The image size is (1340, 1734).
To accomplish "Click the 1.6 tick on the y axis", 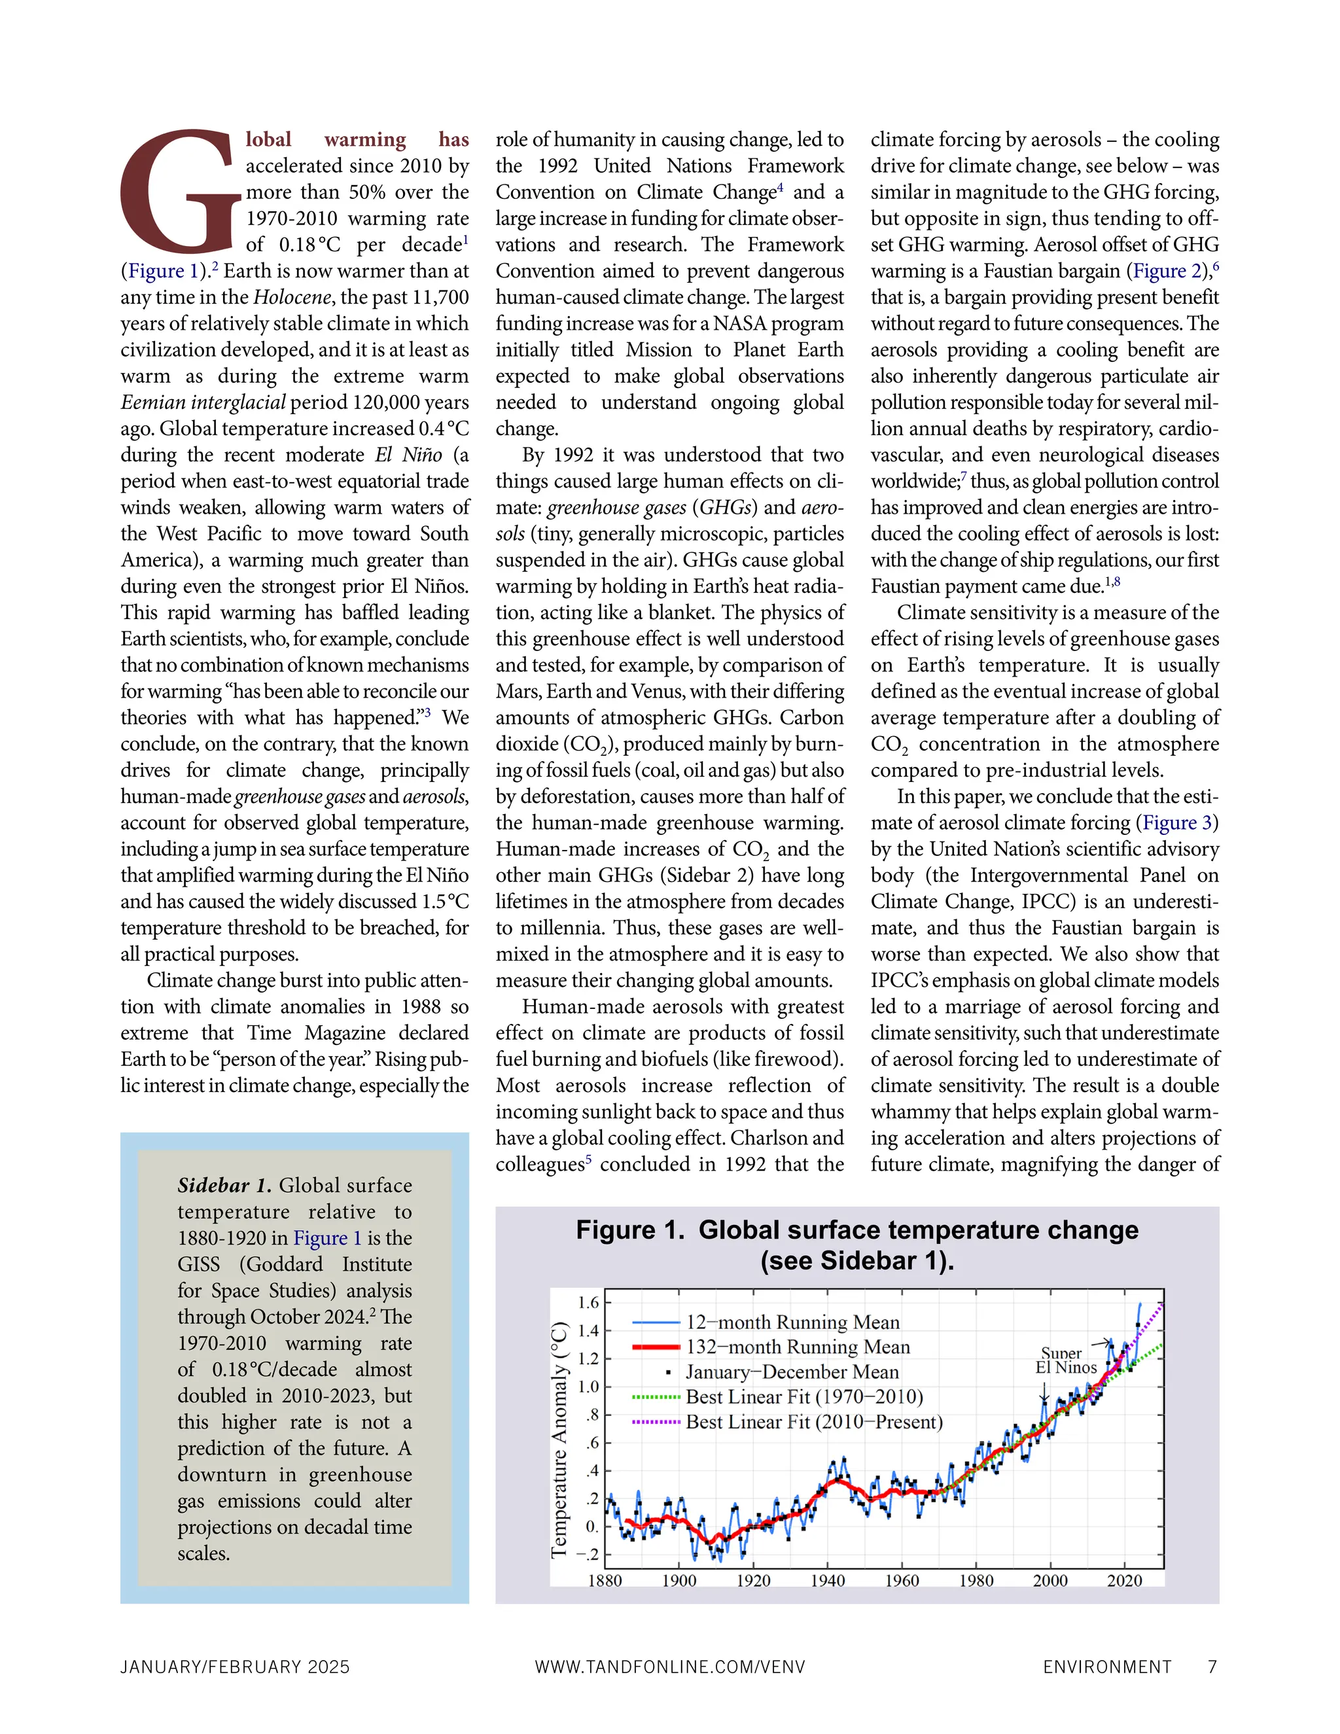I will [589, 1302].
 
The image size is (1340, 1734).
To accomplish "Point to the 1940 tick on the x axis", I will [827, 1581].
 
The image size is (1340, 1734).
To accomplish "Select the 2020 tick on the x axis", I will [1125, 1581].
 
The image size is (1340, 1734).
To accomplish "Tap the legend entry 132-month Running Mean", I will [798, 1347].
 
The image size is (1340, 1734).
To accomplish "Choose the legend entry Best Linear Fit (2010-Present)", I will [814, 1422].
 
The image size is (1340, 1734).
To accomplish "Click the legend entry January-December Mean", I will [792, 1372].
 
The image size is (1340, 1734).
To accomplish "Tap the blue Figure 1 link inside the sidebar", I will [327, 1238].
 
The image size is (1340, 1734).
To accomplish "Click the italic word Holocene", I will [292, 298].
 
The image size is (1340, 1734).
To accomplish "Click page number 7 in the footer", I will [1212, 1667].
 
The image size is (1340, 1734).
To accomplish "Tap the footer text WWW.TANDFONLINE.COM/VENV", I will [670, 1667].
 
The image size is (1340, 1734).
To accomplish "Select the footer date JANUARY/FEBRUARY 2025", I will [235, 1667].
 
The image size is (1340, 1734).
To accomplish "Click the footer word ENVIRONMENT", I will [1108, 1667].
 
